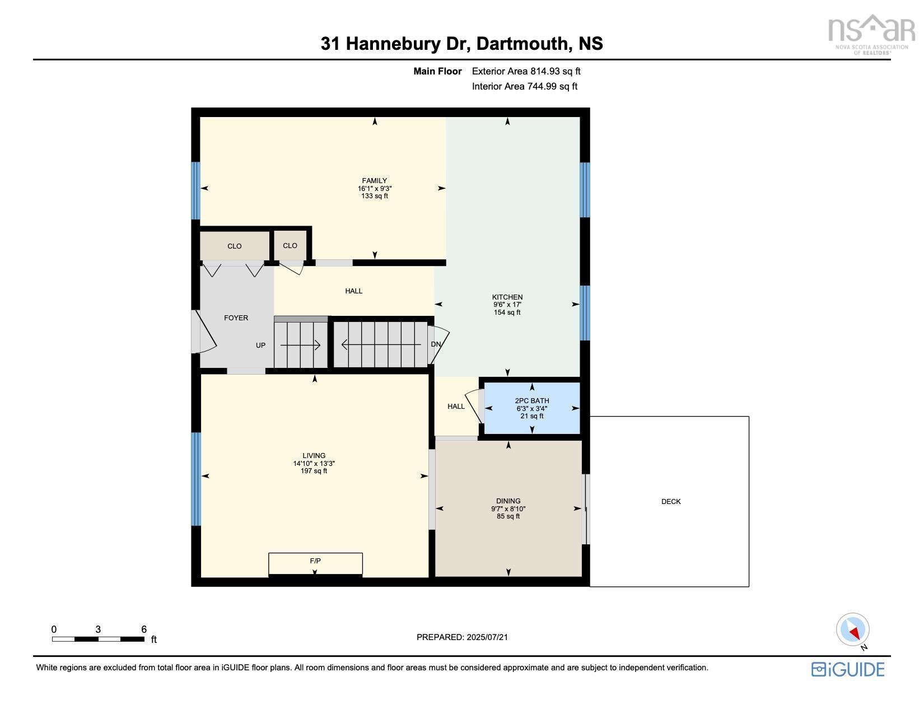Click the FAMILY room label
[x=374, y=181]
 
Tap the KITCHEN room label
[x=507, y=297]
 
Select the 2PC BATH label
[x=531, y=401]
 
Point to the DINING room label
[x=508, y=501]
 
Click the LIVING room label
[x=314, y=456]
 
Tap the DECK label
[x=670, y=502]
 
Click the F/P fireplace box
[x=315, y=563]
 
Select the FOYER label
[x=236, y=318]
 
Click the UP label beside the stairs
[x=260, y=346]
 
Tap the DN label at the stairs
[x=436, y=344]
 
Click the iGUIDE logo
[x=848, y=669]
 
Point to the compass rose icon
[x=853, y=630]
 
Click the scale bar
[x=98, y=639]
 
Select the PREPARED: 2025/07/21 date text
[x=462, y=637]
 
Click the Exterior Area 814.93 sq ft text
[x=526, y=71]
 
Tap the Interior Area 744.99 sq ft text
[x=524, y=86]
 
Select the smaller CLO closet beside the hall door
[x=290, y=246]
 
